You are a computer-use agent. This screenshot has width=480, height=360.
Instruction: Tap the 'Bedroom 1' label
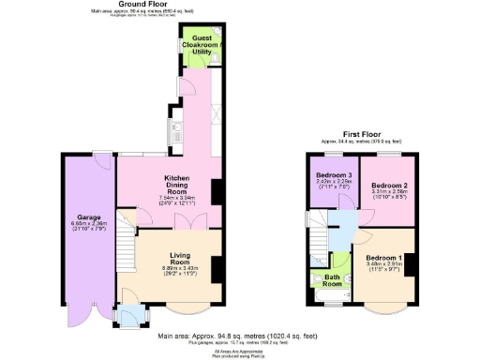tap(383, 258)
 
